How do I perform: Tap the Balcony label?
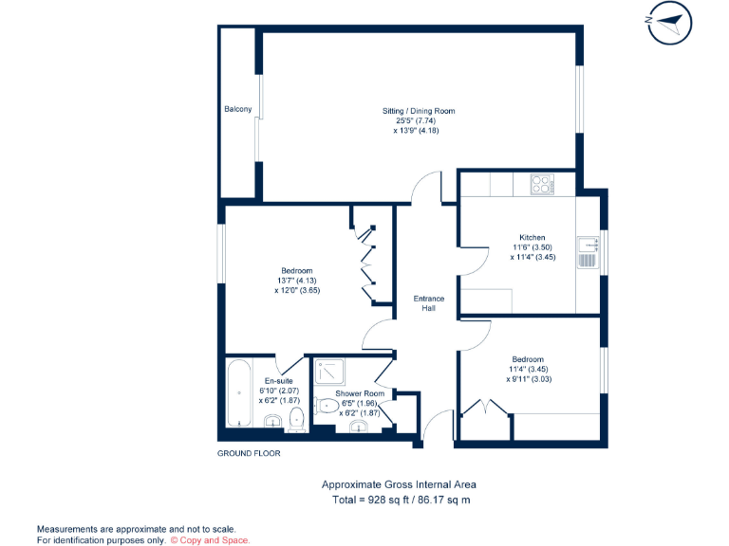[x=237, y=110]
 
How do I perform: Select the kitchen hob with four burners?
[x=541, y=184]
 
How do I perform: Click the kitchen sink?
[x=588, y=253]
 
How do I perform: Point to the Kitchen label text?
[x=532, y=237]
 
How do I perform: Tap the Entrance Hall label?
[x=428, y=303]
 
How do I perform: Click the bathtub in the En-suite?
[x=237, y=392]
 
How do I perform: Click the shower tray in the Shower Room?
[x=331, y=371]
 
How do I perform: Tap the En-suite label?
[x=279, y=380]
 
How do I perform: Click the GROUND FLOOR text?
[x=249, y=454]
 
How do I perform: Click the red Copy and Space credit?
[x=211, y=539]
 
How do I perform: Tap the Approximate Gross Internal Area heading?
[x=398, y=484]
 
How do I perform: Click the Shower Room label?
[x=360, y=392]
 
